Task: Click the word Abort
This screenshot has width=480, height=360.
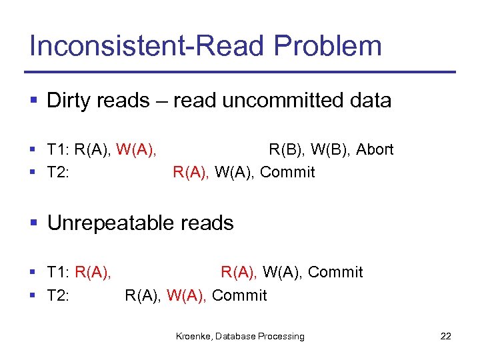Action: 375,149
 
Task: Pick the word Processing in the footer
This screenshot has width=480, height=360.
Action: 281,337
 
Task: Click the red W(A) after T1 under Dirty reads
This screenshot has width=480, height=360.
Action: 136,149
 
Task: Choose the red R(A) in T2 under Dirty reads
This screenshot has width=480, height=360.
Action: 191,172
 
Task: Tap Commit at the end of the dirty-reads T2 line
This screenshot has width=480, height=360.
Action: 287,172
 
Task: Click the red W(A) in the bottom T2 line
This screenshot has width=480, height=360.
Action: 186,295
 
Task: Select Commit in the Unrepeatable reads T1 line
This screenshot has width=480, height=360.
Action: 335,272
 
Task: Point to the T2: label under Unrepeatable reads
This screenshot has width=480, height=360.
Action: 59,295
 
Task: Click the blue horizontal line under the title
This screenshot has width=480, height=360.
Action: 240,72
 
